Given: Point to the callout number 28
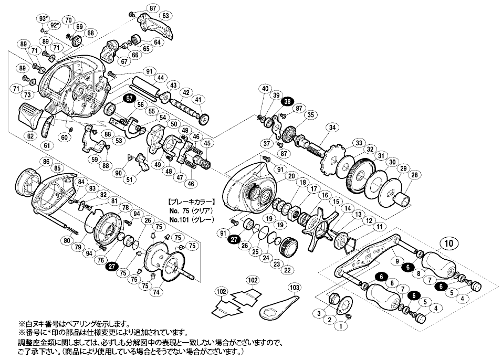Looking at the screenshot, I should coord(415,175).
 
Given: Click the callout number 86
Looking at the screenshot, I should coord(46,162).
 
